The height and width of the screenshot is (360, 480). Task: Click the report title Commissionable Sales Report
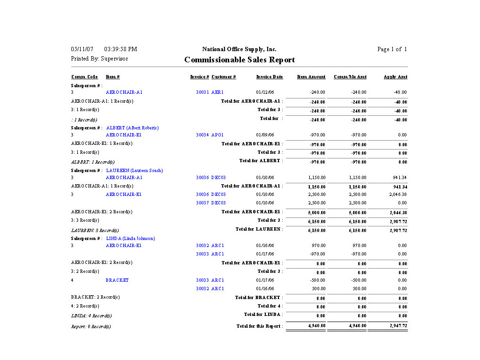pos(240,60)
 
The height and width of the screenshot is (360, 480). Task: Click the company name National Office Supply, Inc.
pos(239,49)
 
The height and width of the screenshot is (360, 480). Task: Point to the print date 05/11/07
pos(82,49)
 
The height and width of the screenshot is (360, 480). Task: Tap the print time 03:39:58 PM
pos(120,49)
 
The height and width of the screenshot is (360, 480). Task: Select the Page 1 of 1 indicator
pos(392,49)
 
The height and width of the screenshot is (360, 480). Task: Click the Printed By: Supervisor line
pos(99,59)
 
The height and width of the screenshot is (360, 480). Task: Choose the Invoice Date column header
pos(270,77)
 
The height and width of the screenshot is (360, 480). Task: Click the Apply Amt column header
pos(395,77)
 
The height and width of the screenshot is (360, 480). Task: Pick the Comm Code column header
pos(84,77)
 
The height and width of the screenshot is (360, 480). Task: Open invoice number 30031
pos(202,92)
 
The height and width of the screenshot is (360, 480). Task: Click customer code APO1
pos(217,135)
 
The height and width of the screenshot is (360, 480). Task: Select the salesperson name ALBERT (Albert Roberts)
pos(132,128)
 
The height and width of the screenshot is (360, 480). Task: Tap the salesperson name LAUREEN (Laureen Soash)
pos(135,171)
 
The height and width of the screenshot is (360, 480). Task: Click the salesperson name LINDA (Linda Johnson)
pos(130,239)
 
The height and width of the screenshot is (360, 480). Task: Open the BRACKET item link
pos(117,280)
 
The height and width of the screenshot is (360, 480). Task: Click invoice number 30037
pos(202,203)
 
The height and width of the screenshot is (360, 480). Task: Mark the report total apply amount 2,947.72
pos(398,326)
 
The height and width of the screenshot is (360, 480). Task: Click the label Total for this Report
pos(259,326)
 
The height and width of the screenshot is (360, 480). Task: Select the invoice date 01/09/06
pos(265,135)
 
